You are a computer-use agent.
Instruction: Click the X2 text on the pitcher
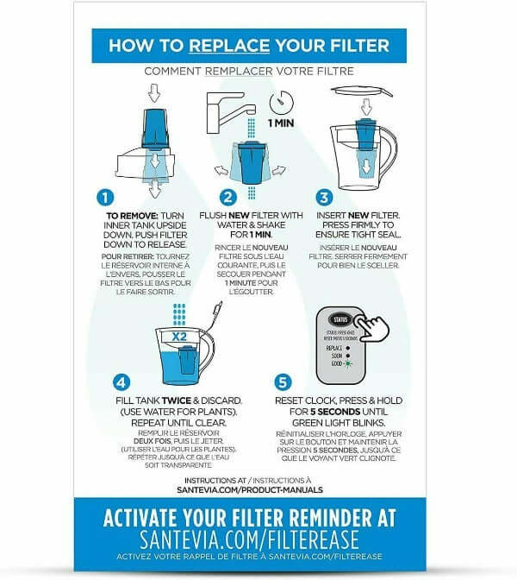(179, 337)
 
